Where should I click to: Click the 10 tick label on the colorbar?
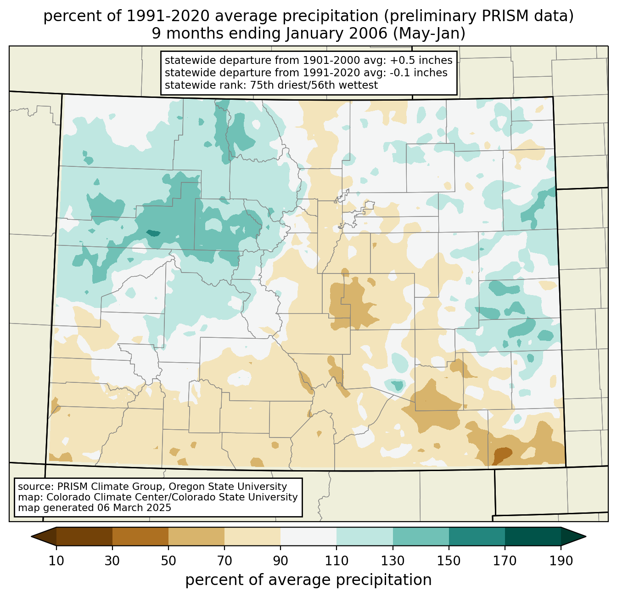56,561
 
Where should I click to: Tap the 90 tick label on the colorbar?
280,561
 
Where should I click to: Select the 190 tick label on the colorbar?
561,561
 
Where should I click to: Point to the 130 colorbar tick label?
393,561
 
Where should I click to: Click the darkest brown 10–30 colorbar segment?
84,536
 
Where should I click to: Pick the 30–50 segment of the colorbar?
140,536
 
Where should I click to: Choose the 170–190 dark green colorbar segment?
533,536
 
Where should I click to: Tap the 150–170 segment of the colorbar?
477,536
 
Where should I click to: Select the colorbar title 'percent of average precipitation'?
308,580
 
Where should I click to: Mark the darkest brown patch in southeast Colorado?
502,455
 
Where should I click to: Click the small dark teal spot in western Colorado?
153,233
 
